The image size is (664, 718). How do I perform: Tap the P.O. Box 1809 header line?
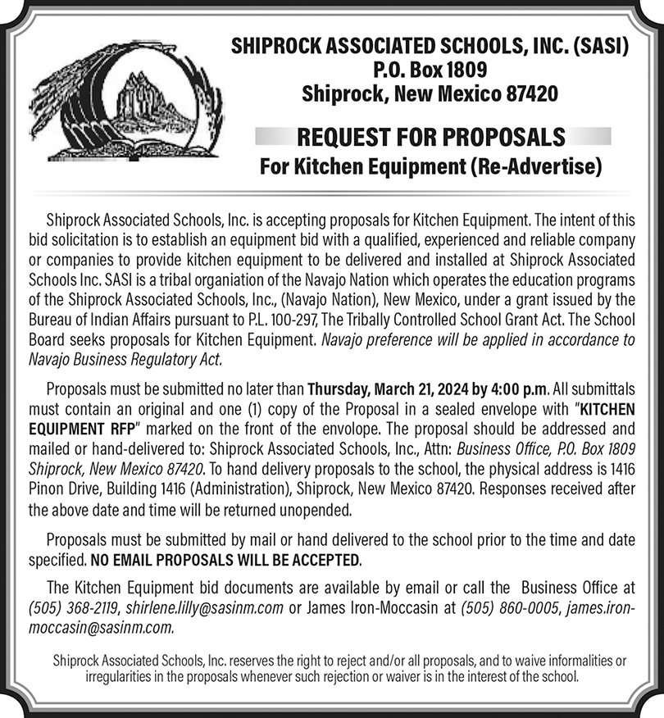pos(430,70)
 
